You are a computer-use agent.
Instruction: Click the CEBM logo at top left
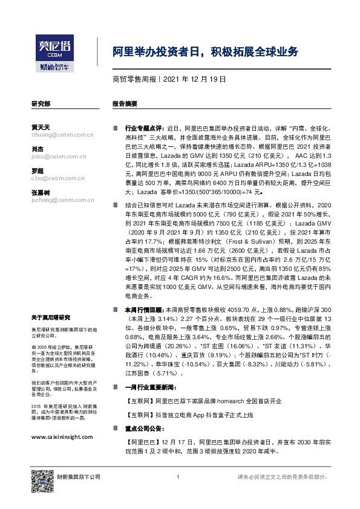[x=54, y=49]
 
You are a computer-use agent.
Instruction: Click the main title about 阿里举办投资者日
[x=206, y=52]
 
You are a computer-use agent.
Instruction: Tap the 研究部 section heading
[x=41, y=104]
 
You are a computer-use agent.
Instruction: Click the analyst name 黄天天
[x=40, y=128]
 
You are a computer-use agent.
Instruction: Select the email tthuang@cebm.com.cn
[x=61, y=135]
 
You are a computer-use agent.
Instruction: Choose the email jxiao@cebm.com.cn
[x=58, y=156]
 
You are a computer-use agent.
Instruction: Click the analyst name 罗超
[x=36, y=170]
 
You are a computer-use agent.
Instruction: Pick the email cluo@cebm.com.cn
[x=57, y=178]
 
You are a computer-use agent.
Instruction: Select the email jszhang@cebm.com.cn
[x=61, y=199]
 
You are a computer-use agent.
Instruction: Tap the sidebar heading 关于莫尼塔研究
[x=51, y=317]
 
